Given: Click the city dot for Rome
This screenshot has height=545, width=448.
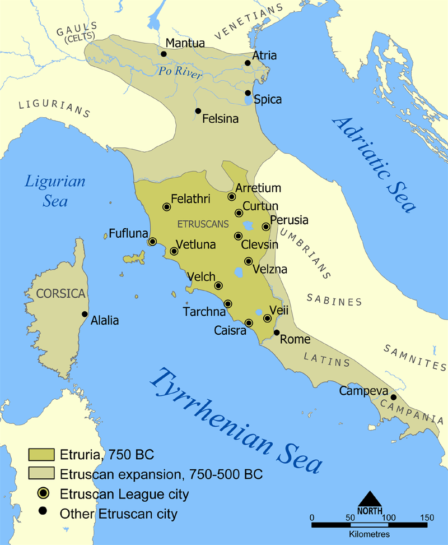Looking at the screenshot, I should coord(276,332).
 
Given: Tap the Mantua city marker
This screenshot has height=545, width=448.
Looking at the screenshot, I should coord(164,54).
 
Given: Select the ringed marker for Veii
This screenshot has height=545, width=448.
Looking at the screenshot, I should coord(268,318).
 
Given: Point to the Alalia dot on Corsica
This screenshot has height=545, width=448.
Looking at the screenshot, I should coord(85,314).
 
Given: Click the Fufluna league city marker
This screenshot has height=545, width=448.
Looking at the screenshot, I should coord(152,242).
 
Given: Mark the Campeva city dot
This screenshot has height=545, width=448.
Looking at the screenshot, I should coord(394,397).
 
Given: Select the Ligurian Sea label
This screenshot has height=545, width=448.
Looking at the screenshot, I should coord(55,191).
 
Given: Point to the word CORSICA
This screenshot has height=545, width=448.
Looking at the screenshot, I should coord(60,293).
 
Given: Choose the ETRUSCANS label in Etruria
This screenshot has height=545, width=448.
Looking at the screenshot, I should coord(203,224).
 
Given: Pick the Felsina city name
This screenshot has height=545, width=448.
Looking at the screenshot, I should coord(220,119).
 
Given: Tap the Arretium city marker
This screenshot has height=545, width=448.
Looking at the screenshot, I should coord(232,196).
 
